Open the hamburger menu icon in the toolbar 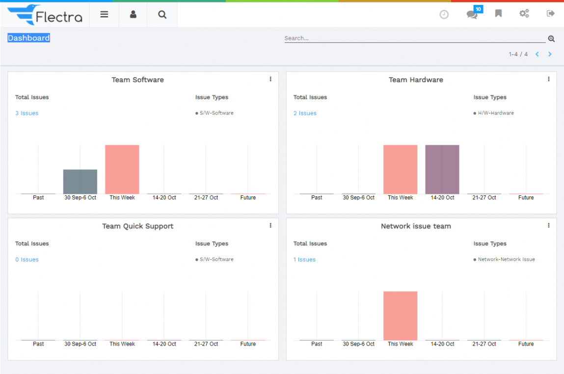click(x=104, y=15)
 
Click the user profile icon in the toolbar click(x=133, y=15)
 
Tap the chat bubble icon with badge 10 click(x=472, y=14)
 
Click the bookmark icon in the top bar click(x=498, y=14)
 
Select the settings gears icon click(x=524, y=14)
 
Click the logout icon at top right click(x=550, y=14)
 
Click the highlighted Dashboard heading click(x=28, y=38)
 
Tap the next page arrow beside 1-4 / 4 click(x=550, y=54)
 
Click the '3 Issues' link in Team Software click(x=27, y=113)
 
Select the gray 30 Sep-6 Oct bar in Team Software click(x=80, y=182)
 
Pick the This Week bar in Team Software click(x=122, y=169)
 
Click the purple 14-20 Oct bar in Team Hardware click(x=442, y=169)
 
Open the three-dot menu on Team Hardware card click(x=548, y=80)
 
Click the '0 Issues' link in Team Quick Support click(x=27, y=260)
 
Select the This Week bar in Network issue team click(x=400, y=316)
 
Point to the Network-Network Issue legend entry click(x=506, y=260)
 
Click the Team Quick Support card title click(x=137, y=226)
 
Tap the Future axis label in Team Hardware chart click(x=526, y=198)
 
